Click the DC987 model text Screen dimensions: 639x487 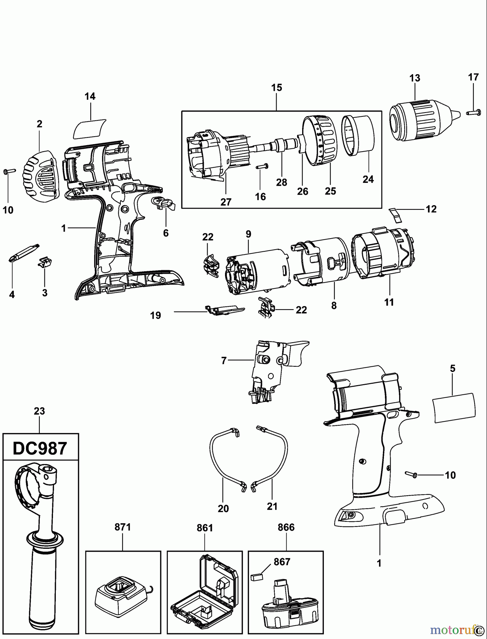click(x=40, y=449)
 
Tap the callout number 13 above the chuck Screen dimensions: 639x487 click(x=414, y=78)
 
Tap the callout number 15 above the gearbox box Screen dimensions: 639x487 click(x=277, y=88)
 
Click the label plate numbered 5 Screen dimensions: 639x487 click(x=454, y=408)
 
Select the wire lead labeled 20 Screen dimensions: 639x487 click(x=217, y=461)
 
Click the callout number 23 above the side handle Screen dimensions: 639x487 click(x=39, y=411)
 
